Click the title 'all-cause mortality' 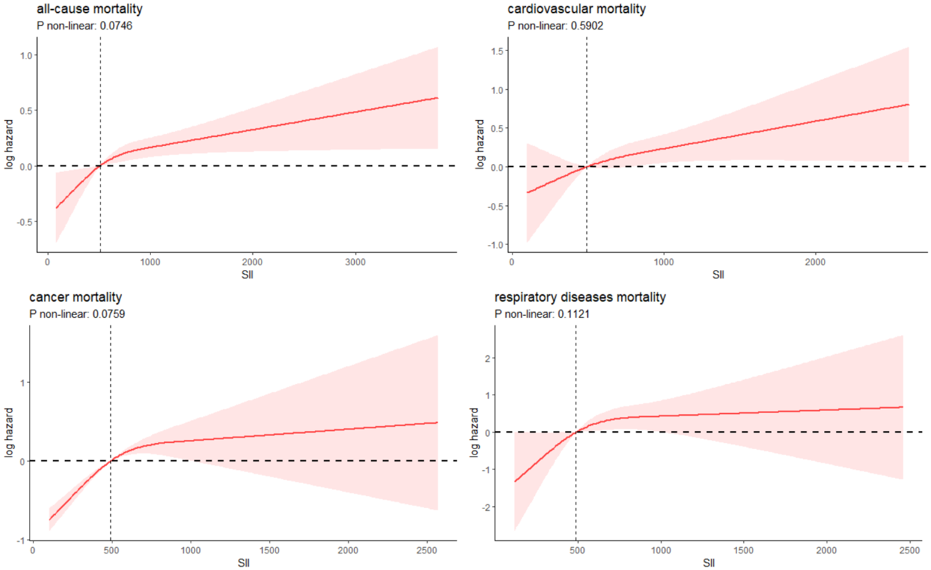(89, 9)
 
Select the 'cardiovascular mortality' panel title (576, 9)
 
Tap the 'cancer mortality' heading (76, 297)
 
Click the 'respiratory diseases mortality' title (580, 297)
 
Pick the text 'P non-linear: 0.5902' (555, 26)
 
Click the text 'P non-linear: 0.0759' (77, 314)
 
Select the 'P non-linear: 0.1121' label (542, 314)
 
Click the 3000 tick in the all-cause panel (355, 262)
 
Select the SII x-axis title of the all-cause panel (247, 274)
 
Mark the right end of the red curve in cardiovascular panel (908, 104)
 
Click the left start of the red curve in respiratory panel (514, 481)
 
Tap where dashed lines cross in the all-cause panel (100, 166)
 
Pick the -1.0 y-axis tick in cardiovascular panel (497, 245)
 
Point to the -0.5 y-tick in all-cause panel (25, 222)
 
